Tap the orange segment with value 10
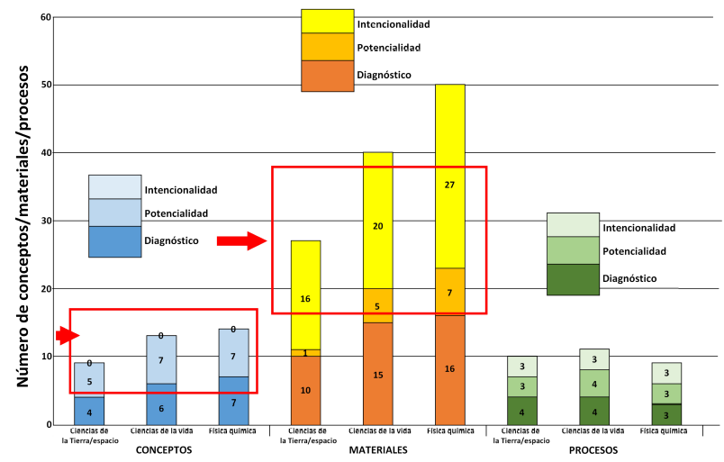[x=305, y=390]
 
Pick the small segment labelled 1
[x=305, y=353]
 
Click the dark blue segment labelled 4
[x=89, y=411]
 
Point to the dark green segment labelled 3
[x=665, y=414]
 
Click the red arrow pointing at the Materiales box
[x=242, y=240]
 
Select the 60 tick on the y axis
[x=44, y=17]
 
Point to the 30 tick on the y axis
[x=44, y=221]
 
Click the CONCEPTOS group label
[x=162, y=449]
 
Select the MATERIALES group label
[x=378, y=449]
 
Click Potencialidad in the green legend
[x=635, y=252]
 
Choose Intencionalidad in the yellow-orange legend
[x=394, y=23]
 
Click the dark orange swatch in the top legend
[x=327, y=76]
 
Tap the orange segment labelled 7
[x=449, y=294]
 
